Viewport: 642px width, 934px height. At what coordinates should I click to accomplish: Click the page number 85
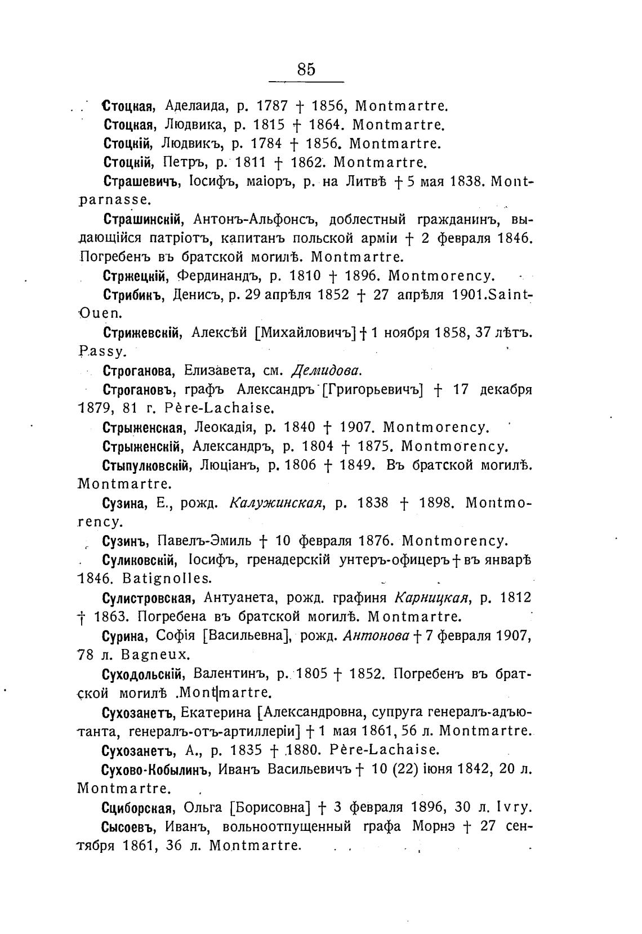pyautogui.click(x=306, y=69)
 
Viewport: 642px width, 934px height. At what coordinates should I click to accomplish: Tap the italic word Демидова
pyautogui.click(x=326, y=371)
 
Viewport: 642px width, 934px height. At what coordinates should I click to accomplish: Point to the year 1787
pyautogui.click(x=272, y=106)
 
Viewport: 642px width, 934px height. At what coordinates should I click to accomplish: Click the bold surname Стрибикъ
pyautogui.click(x=133, y=295)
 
